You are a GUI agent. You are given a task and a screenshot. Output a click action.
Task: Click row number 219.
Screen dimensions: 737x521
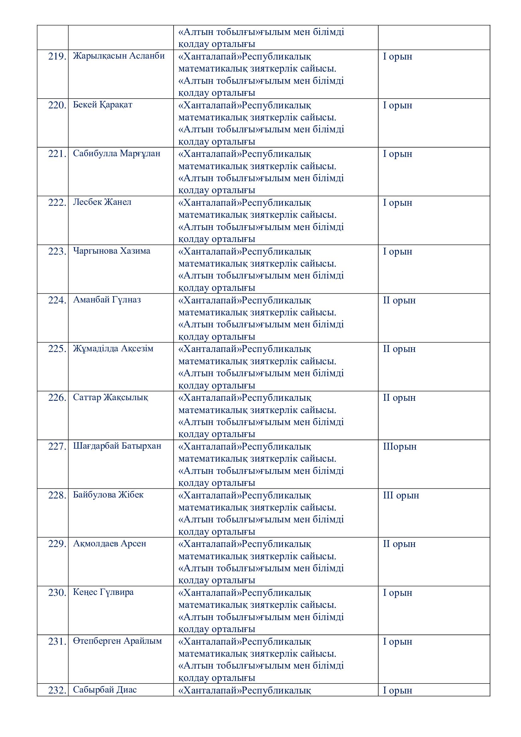click(x=57, y=56)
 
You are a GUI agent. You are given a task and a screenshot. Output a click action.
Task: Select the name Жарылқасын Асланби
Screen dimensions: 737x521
click(x=119, y=56)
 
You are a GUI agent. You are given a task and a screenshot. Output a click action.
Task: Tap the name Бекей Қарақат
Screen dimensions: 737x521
click(x=102, y=105)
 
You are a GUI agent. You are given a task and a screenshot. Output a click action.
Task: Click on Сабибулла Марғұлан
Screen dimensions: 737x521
click(x=117, y=153)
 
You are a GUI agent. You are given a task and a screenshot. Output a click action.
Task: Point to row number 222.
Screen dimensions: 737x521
click(x=57, y=203)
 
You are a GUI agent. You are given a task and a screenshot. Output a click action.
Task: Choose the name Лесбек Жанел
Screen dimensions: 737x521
click(x=102, y=202)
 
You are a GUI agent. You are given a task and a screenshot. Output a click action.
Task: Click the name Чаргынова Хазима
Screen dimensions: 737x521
click(x=111, y=251)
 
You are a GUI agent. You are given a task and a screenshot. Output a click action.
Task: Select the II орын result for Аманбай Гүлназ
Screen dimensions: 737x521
click(x=399, y=301)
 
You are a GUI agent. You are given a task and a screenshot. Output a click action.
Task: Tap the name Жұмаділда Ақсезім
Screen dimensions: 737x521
click(x=113, y=348)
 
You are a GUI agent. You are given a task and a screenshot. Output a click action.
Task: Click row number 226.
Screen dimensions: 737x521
click(x=57, y=398)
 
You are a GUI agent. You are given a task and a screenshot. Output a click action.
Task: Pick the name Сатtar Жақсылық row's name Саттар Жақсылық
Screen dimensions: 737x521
click(x=110, y=397)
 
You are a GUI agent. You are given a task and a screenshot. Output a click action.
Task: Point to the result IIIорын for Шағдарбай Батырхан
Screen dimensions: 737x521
click(x=399, y=446)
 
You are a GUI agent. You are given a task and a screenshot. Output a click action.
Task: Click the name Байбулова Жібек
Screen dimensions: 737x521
click(x=108, y=495)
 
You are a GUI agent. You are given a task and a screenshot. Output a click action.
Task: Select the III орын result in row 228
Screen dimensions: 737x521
click(x=401, y=495)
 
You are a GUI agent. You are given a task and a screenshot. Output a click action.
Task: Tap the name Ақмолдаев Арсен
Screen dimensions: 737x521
click(x=109, y=544)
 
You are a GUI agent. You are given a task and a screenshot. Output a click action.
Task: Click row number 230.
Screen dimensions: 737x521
click(x=57, y=593)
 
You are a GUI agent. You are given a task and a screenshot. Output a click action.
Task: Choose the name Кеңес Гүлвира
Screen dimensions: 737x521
click(x=103, y=592)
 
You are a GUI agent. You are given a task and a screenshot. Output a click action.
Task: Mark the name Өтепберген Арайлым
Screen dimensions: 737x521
click(x=117, y=641)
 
